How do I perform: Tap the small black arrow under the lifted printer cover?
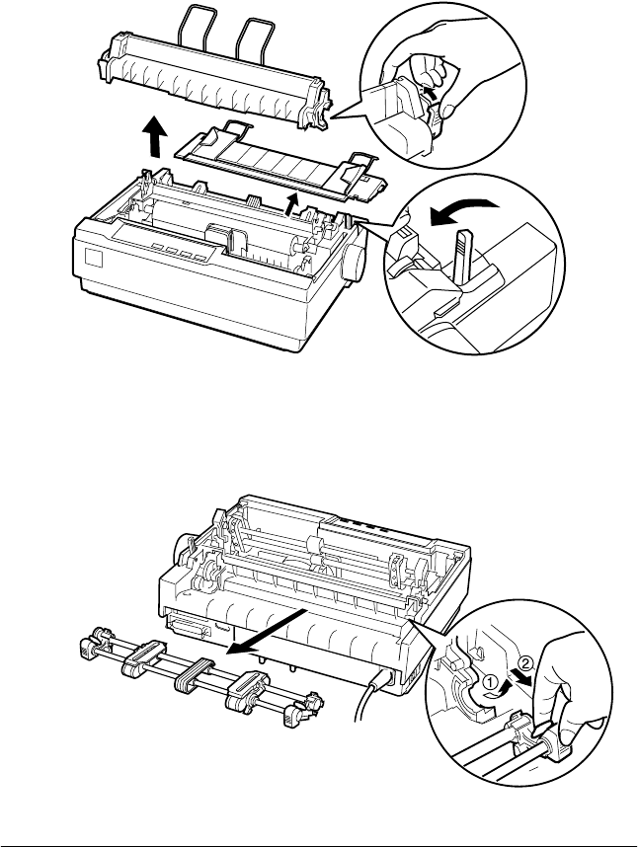[x=290, y=203]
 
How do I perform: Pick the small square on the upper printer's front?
[x=95, y=256]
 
